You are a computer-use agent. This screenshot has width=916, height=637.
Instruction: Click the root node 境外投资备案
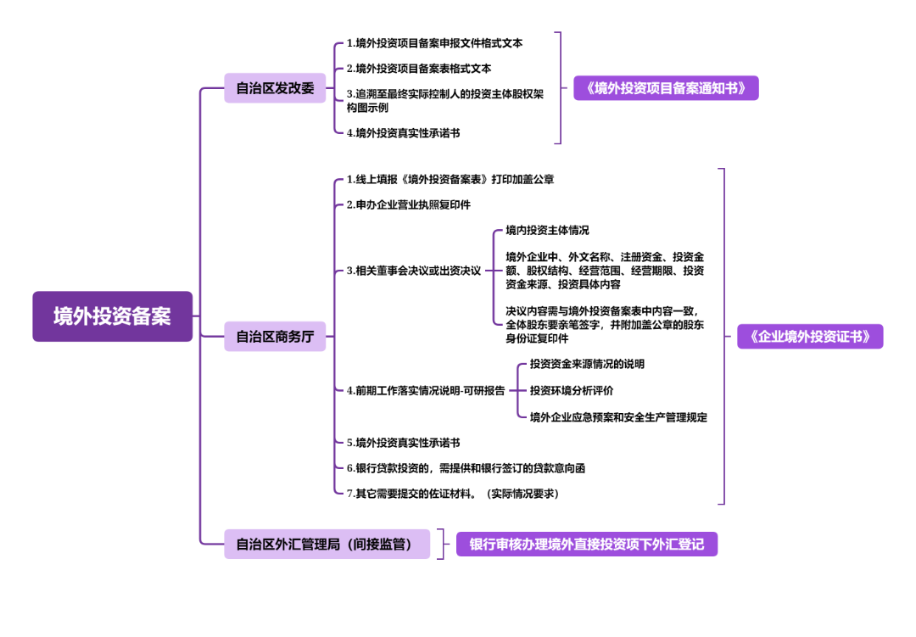click(112, 316)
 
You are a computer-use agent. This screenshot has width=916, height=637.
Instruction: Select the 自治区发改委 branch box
click(275, 88)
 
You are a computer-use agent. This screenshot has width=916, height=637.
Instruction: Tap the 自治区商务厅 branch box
click(275, 337)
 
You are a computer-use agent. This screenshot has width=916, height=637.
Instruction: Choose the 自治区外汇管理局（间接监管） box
click(327, 544)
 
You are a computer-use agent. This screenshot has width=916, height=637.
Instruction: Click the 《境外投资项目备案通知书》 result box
click(666, 88)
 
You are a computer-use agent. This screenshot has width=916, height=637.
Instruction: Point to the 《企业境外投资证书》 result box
click(810, 337)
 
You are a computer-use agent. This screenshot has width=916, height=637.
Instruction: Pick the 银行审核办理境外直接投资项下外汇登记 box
click(587, 544)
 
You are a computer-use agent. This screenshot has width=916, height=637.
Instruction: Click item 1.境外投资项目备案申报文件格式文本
click(434, 42)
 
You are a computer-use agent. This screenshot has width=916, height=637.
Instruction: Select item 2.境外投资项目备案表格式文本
click(419, 68)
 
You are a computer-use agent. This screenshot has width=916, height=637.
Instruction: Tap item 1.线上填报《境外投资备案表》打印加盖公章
click(450, 179)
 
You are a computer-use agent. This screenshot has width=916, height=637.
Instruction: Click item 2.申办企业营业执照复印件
click(408, 204)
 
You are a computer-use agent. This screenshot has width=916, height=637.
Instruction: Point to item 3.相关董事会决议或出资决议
click(413, 271)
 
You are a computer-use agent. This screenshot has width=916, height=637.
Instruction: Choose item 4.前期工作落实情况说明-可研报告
click(425, 390)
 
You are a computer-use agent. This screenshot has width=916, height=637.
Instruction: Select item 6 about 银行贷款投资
click(466, 467)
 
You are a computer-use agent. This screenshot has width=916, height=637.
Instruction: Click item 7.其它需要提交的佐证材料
click(452, 493)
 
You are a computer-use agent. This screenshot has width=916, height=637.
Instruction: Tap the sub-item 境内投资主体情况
click(547, 230)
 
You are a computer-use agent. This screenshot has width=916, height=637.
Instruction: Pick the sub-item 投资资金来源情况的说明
click(587, 364)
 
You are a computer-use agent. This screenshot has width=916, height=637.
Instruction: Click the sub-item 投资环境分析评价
click(572, 390)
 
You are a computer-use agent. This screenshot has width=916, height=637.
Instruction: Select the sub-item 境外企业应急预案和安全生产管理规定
click(618, 416)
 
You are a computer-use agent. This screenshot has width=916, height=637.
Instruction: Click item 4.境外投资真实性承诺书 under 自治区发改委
click(403, 132)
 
